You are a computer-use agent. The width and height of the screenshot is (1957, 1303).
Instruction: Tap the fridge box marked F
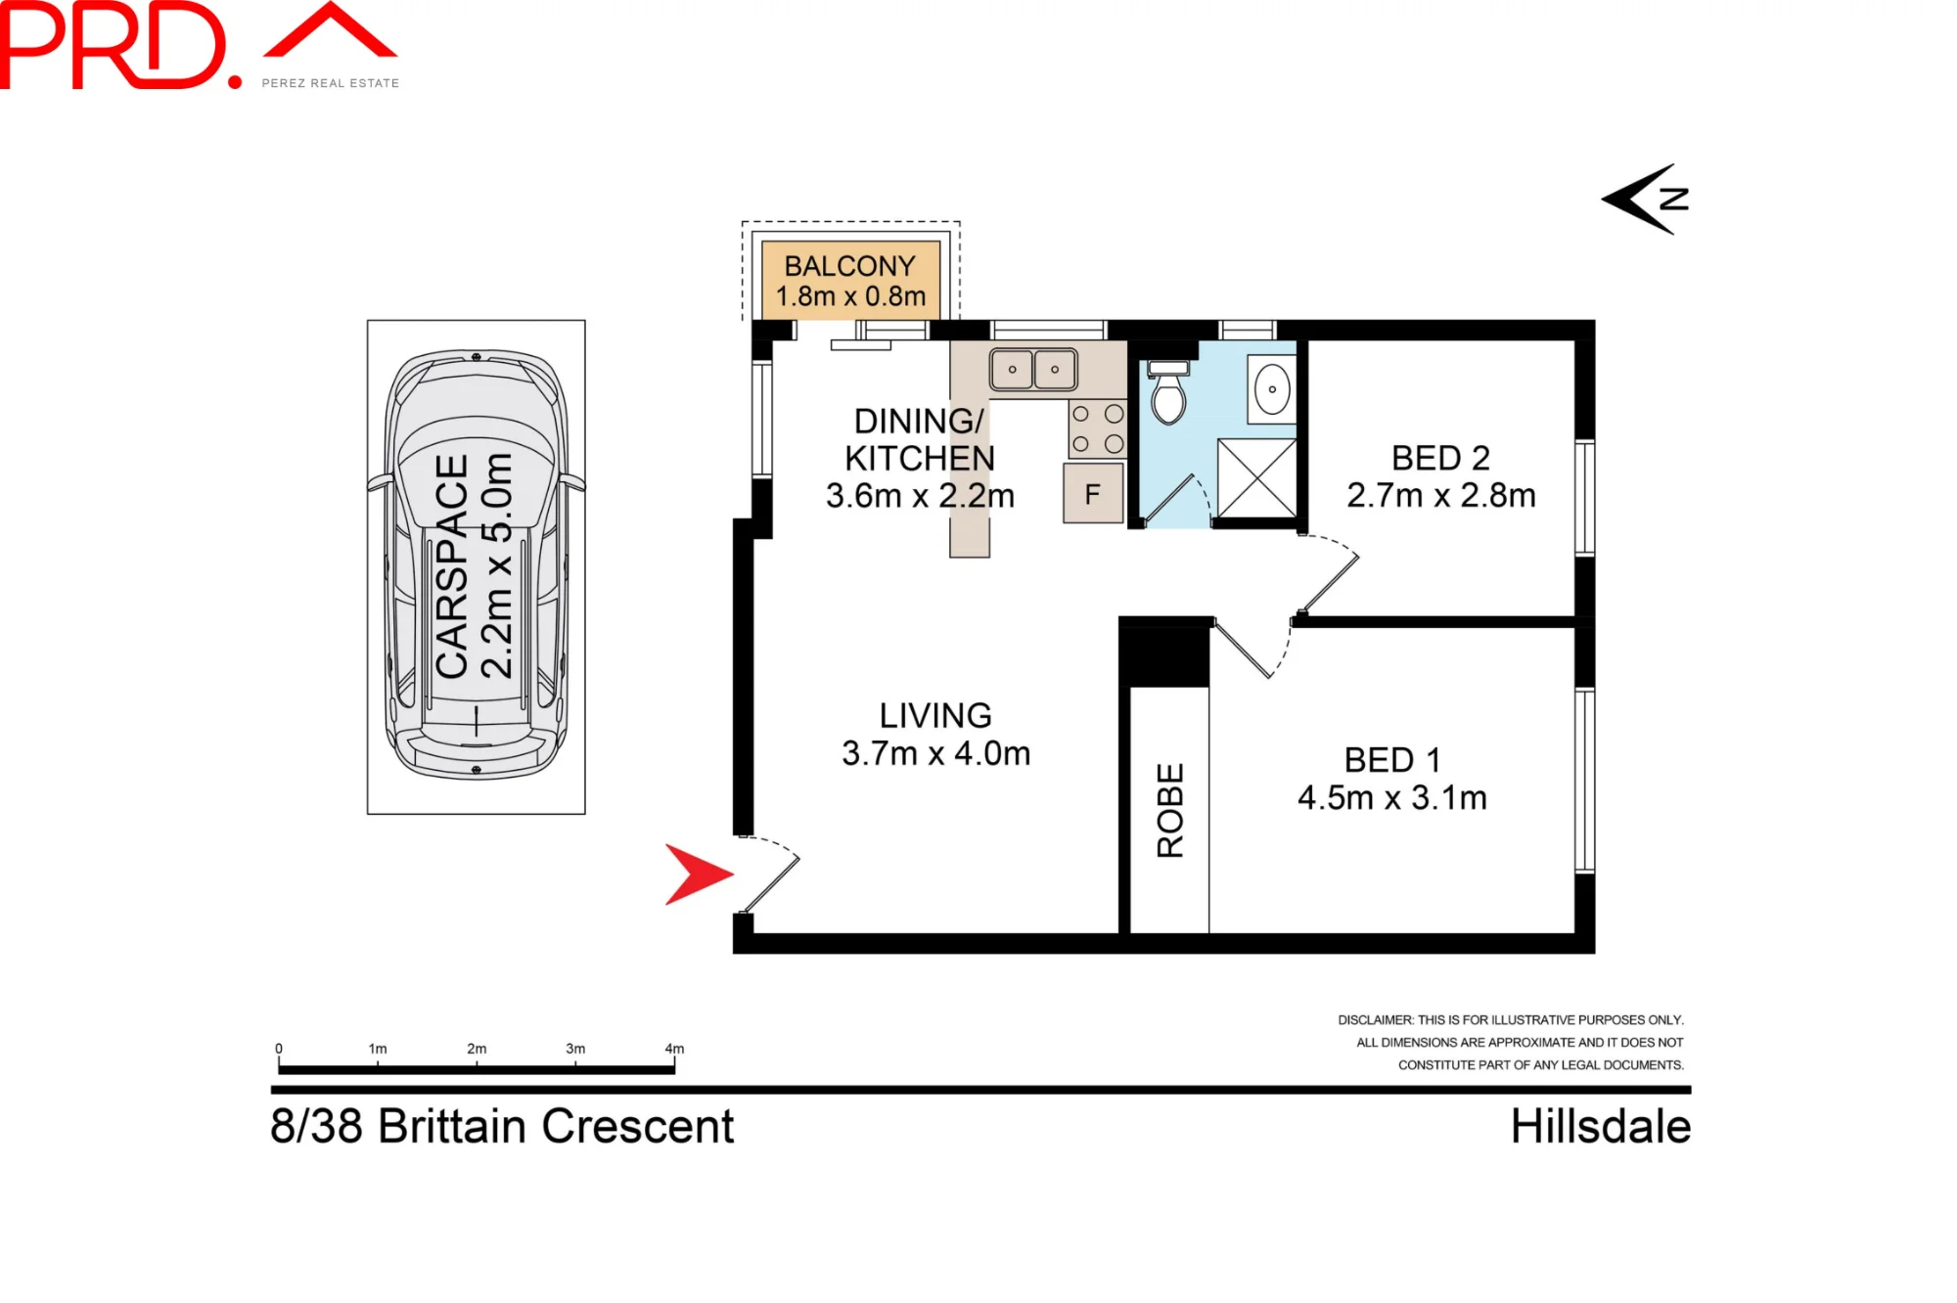(1093, 494)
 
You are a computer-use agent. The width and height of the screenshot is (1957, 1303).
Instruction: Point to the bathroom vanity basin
(1272, 389)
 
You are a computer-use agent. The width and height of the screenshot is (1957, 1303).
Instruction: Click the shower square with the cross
(1257, 478)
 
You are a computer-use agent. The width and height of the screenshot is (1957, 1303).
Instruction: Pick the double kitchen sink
(1033, 370)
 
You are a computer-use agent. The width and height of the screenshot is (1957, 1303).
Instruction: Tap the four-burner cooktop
(1097, 428)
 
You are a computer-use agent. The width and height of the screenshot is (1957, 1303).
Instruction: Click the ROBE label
(1170, 810)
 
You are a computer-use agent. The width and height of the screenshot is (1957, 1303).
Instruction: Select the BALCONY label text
(849, 265)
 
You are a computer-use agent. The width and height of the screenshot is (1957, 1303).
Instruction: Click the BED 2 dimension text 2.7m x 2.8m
(1440, 495)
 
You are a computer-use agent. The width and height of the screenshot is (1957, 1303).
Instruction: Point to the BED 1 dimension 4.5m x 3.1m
(1391, 797)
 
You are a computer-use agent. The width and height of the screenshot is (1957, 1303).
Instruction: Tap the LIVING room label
(935, 715)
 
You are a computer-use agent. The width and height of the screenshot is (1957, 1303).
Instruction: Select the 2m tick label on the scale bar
(477, 1049)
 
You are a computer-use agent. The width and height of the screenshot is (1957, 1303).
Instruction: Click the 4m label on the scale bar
(674, 1049)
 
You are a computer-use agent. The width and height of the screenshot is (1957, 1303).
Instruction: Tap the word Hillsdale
(1601, 1126)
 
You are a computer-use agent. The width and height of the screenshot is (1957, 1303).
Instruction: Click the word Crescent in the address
(637, 1126)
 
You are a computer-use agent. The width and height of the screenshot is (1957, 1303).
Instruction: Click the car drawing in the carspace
(477, 564)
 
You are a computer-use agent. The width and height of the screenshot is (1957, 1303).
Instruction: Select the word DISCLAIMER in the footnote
(1376, 1019)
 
